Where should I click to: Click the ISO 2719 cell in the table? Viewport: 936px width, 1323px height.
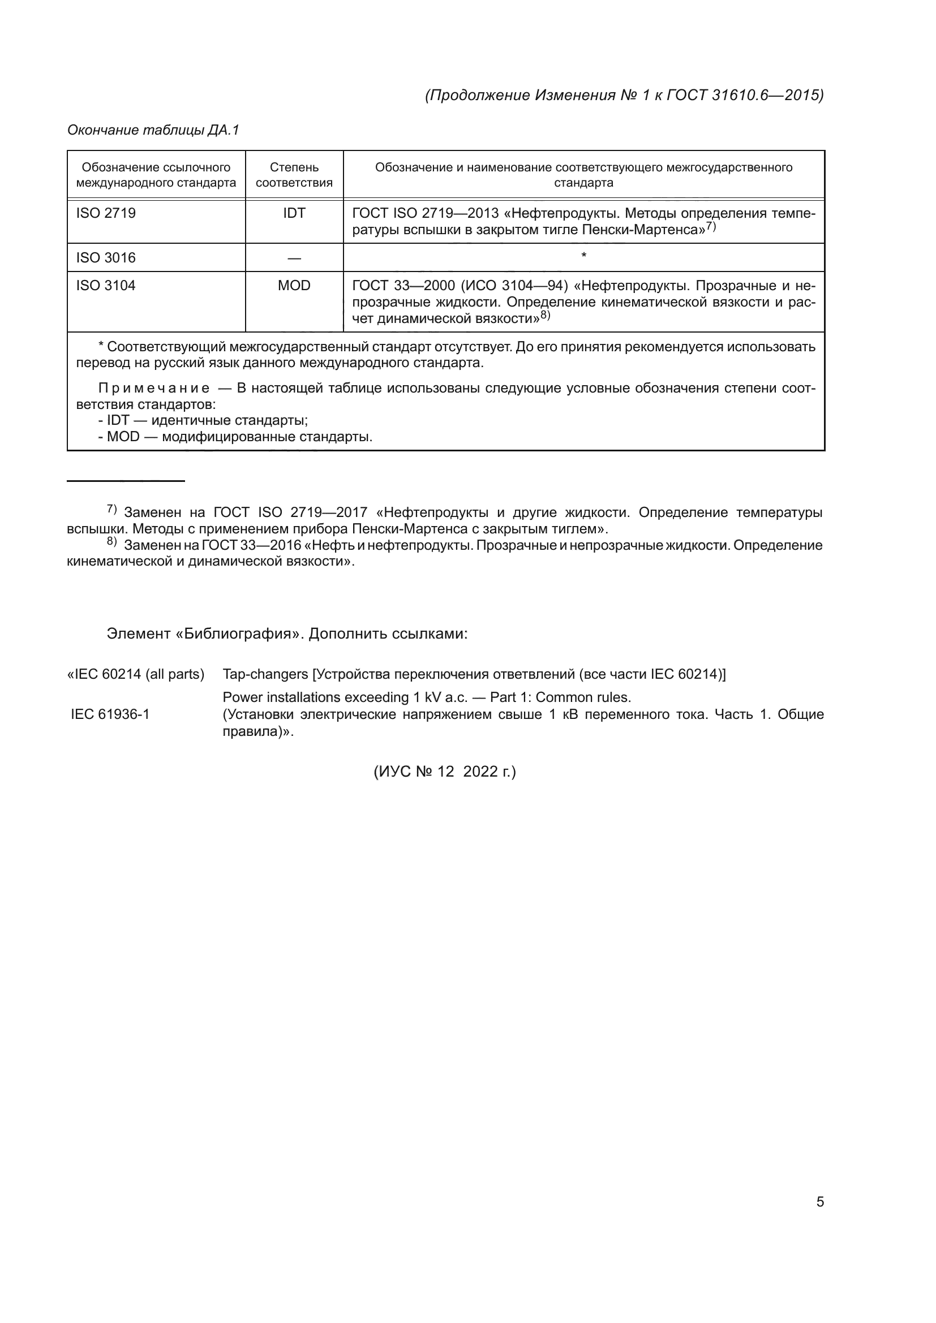click(106, 213)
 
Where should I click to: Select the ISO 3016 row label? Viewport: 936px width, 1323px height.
click(106, 257)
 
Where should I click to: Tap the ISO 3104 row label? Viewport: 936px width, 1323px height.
click(106, 286)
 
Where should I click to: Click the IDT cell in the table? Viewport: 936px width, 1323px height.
click(294, 213)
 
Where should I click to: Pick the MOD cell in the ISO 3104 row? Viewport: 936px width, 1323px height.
click(294, 286)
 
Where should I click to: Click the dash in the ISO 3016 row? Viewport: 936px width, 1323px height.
click(294, 258)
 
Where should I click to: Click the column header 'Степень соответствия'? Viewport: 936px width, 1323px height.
click(294, 175)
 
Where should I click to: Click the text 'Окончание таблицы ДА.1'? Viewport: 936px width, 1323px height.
click(153, 130)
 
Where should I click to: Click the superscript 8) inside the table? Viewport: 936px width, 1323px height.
click(545, 315)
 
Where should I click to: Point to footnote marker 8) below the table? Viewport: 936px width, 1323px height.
click(112, 542)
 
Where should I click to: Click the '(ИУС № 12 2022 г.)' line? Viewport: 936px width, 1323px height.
click(445, 772)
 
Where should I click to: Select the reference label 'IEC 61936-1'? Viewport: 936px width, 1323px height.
click(110, 714)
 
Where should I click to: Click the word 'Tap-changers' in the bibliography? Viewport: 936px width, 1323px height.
click(265, 674)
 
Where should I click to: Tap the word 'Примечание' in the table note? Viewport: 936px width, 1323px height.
click(154, 389)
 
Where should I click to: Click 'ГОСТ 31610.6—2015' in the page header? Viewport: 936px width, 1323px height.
click(745, 95)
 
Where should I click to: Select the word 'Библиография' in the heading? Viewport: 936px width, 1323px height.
click(239, 634)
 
